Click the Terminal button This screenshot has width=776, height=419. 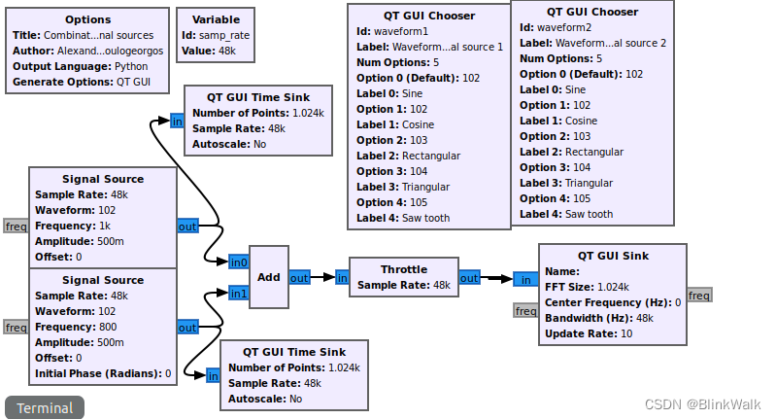[45, 407]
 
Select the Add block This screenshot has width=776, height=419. [269, 277]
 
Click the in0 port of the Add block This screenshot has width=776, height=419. [239, 262]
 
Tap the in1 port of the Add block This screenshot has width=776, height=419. [239, 293]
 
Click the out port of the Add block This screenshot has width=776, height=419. [299, 277]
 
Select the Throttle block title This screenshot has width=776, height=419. [403, 269]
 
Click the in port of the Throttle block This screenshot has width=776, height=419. [342, 277]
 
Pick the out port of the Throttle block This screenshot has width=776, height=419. [469, 278]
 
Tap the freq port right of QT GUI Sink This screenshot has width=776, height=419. [699, 295]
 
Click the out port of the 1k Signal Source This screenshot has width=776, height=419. [187, 227]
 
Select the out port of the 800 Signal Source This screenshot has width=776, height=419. [187, 328]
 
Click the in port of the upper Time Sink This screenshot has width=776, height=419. [177, 122]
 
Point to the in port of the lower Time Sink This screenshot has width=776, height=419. [213, 375]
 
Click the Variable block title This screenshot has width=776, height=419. [216, 19]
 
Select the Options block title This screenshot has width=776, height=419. [88, 19]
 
